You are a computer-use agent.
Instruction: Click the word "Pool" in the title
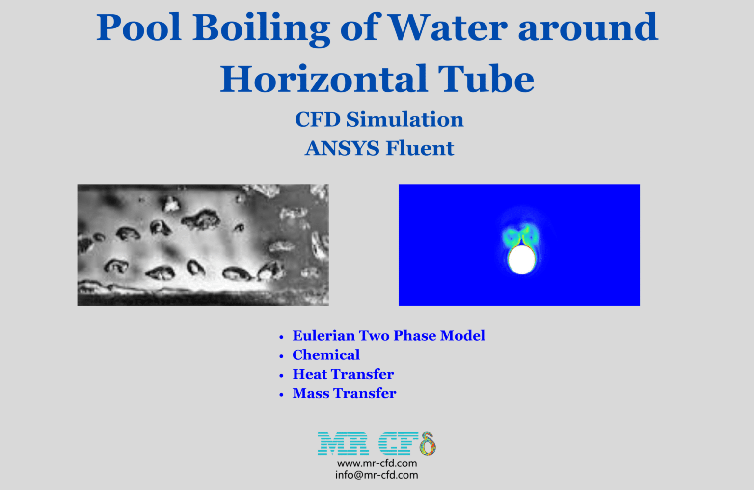pos(139,27)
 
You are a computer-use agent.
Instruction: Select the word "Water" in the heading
pos(448,27)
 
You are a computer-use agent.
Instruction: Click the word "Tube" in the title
pos(485,79)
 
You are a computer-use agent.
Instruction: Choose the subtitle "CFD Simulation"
pos(379,120)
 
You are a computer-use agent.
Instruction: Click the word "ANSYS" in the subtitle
pos(342,148)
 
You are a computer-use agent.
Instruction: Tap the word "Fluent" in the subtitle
pos(420,148)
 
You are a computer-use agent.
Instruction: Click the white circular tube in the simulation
pos(521,260)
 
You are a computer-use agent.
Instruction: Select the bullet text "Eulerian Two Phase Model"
pos(388,336)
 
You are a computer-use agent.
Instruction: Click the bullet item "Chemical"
pos(326,355)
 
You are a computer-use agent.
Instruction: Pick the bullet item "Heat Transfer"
pos(343,374)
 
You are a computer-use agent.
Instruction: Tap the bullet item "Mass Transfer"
pos(344,393)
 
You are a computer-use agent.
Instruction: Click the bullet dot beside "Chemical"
pos(281,356)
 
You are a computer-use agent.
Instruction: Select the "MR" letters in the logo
pos(343,443)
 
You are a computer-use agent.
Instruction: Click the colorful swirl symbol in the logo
pos(428,443)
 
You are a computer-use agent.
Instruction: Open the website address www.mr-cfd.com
pos(377,463)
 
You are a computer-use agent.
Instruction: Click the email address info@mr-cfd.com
pos(377,475)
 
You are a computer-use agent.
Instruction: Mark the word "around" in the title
pos(588,27)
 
